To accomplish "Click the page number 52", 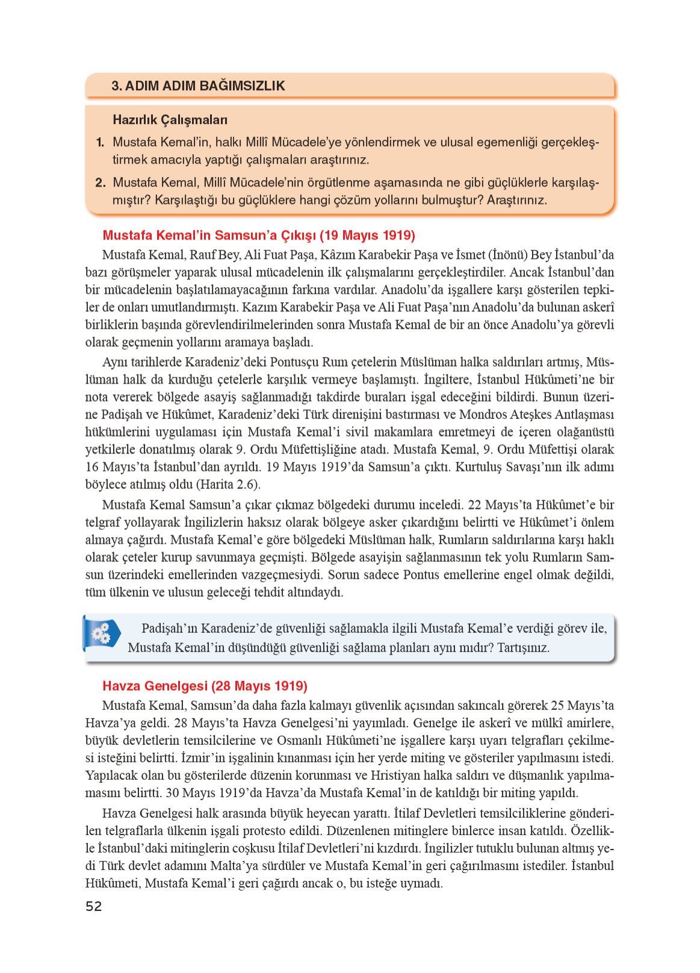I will (94, 906).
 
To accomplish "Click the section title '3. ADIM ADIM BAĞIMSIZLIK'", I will (198, 85).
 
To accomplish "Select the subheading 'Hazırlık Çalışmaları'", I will (170, 120).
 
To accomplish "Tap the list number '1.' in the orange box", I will (100, 143).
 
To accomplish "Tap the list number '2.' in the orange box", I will (100, 182).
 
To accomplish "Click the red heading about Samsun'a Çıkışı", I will (259, 235).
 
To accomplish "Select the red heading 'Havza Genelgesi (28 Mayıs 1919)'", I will (205, 686).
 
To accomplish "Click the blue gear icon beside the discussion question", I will (101, 633).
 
